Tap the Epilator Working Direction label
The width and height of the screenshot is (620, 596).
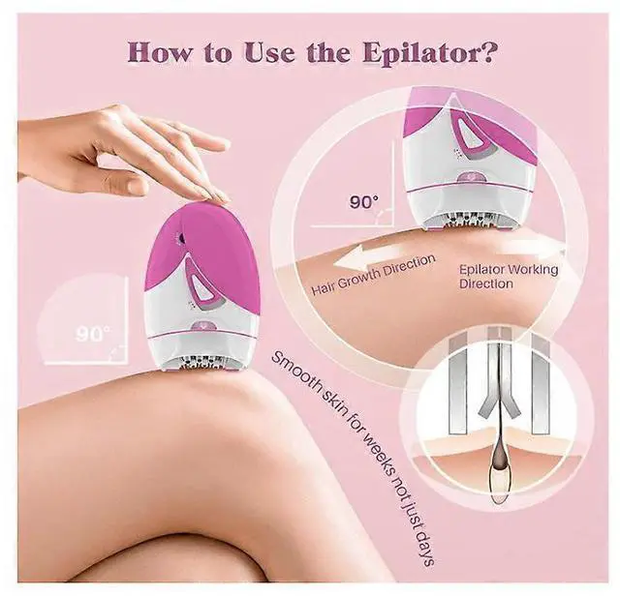508,276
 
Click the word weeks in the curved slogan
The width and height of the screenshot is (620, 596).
374,453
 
